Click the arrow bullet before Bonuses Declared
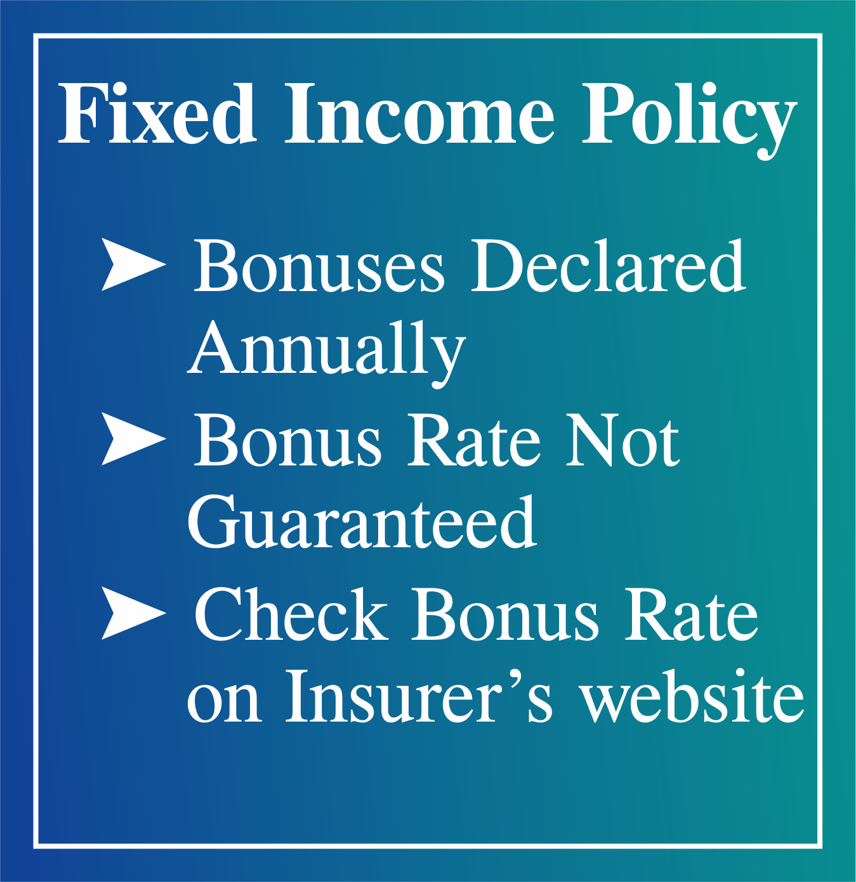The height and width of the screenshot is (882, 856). pos(134,265)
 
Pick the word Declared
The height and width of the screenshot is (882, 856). pos(608,266)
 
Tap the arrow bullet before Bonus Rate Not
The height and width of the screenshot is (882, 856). pos(134,439)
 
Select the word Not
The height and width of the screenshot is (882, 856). pos(622,440)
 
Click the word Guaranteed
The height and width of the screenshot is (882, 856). pos(362,524)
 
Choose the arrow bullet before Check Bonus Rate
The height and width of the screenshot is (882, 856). pos(134,613)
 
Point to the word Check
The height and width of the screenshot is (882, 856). pos(291,614)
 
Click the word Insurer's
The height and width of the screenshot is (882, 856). pos(419,697)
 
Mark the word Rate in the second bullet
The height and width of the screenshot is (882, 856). pos(473,440)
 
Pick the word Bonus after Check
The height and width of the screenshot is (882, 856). pos(505,614)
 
